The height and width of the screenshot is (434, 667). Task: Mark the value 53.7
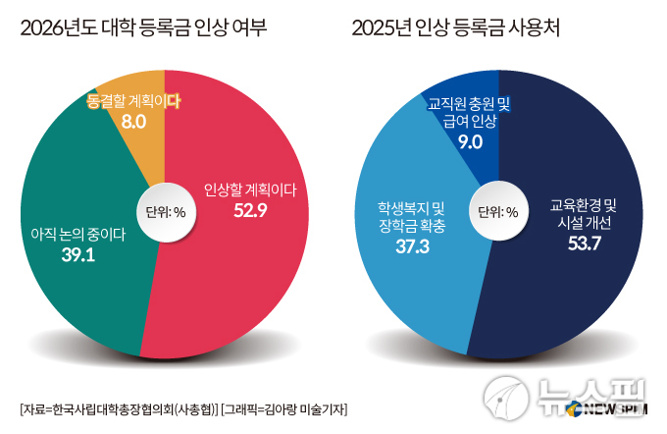pyautogui.click(x=583, y=243)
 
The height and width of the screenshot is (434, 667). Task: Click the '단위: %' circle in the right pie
pyautogui.click(x=498, y=211)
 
